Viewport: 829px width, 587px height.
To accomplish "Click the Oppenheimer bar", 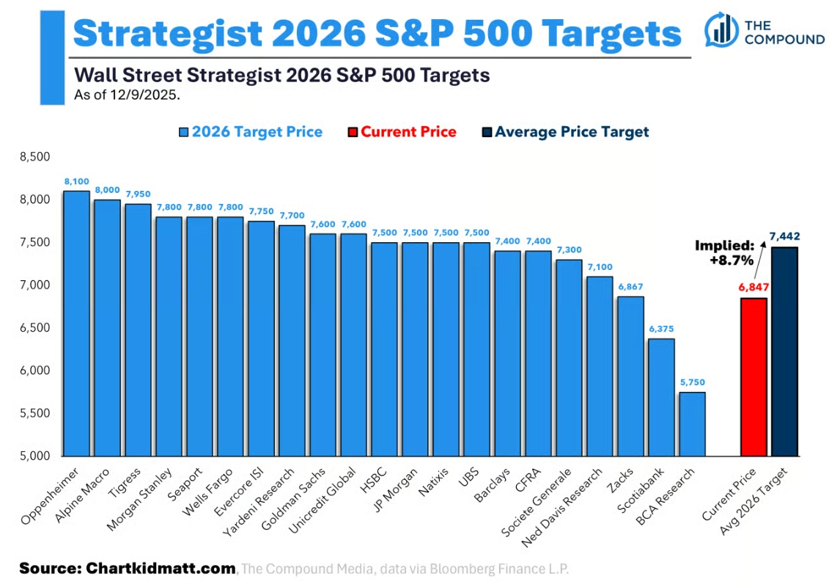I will pyautogui.click(x=76, y=323).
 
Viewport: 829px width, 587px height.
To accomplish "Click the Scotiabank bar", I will pyautogui.click(x=661, y=397).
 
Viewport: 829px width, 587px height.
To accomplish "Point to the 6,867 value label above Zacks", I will pyautogui.click(x=630, y=287).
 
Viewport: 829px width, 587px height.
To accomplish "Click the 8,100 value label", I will pyautogui.click(x=76, y=181).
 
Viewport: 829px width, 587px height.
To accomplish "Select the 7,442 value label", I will pyautogui.click(x=785, y=236).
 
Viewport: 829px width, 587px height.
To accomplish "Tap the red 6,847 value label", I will pyautogui.click(x=753, y=288).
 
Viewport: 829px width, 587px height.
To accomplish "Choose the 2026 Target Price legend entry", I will pyautogui.click(x=250, y=132).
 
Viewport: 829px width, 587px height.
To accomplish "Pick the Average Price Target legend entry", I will pyautogui.click(x=565, y=132).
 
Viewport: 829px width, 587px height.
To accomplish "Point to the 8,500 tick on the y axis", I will pyautogui.click(x=34, y=156).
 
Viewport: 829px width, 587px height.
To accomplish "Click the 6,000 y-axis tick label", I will pyautogui.click(x=34, y=371).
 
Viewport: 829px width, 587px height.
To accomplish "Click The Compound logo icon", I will pyautogui.click(x=721, y=29).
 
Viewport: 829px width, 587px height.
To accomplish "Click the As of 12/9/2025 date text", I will pyautogui.click(x=127, y=94).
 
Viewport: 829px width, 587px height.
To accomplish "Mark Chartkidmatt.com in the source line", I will pyautogui.click(x=161, y=568).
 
